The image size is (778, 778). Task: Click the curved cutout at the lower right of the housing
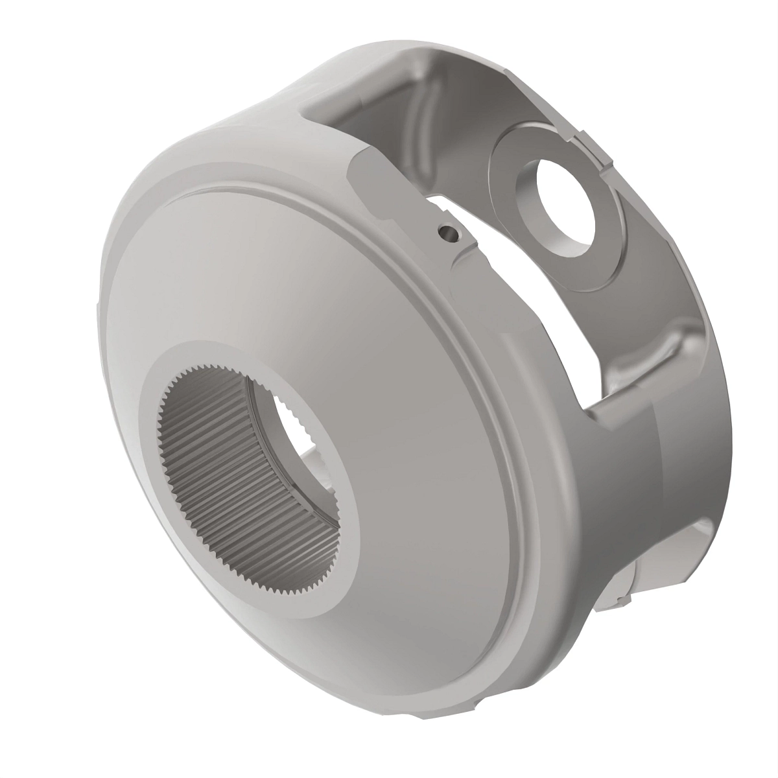click(x=674, y=538)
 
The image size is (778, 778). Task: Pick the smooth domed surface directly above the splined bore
click(x=259, y=272)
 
